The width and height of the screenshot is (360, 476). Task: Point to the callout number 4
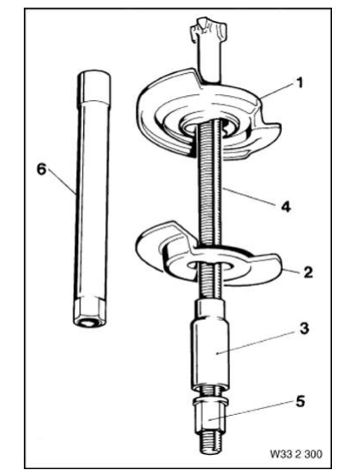[284, 204]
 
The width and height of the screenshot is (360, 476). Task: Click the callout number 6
[42, 170]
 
